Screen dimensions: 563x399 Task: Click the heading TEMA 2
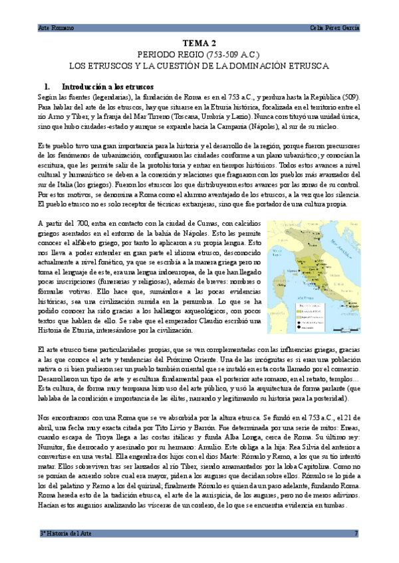tap(200, 41)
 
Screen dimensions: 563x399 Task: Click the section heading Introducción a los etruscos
tap(107, 86)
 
